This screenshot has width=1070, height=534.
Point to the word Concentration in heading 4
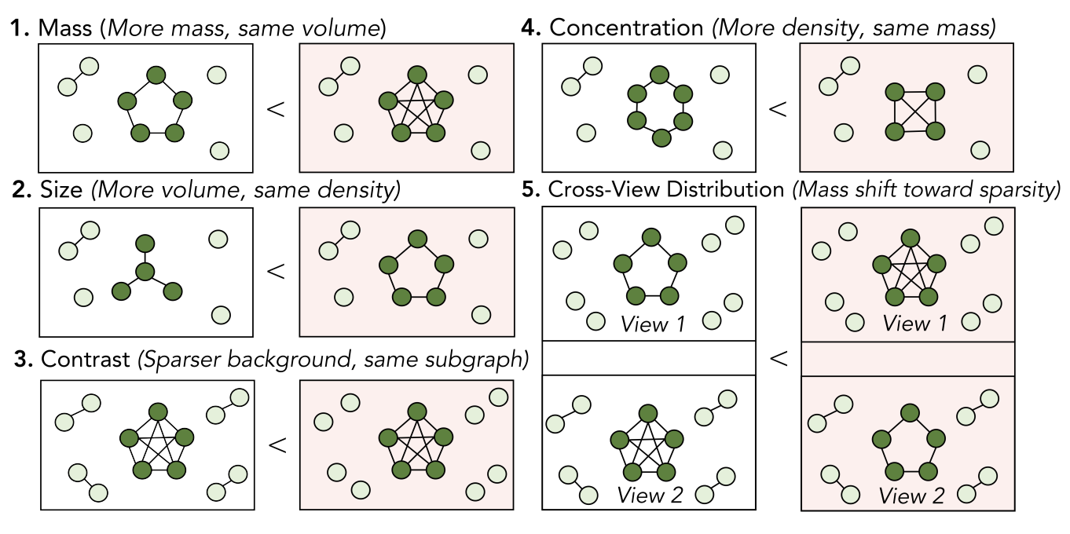tap(626, 28)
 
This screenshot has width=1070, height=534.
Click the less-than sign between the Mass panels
tap(276, 108)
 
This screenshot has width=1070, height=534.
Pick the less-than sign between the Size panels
tap(276, 271)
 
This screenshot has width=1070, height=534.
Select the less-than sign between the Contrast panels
tap(276, 445)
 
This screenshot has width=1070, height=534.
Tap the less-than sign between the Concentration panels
tap(777, 108)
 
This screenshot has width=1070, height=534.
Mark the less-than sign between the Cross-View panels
tap(778, 359)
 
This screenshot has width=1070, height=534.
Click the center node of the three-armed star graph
tap(144, 272)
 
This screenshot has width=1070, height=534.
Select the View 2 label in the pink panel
tap(911, 496)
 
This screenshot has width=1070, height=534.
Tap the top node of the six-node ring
tap(659, 75)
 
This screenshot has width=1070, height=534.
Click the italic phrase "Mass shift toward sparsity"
tap(927, 190)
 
